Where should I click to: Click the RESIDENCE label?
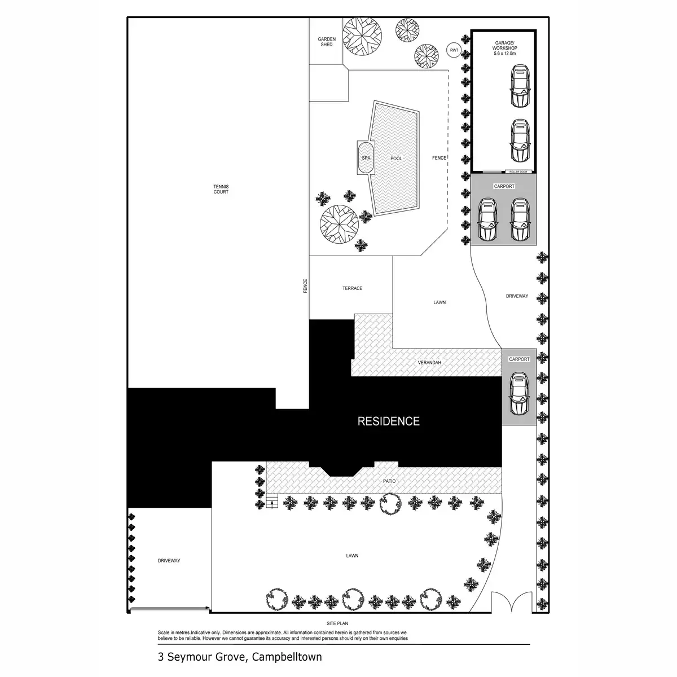click(x=389, y=421)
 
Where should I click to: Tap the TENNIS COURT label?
click(x=221, y=189)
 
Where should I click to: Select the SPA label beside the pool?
click(x=366, y=158)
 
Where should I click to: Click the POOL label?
click(x=396, y=159)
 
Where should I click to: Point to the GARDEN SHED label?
click(x=327, y=42)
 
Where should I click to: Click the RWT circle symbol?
click(x=454, y=50)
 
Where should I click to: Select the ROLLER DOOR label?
click(x=517, y=171)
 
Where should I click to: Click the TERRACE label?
click(x=352, y=288)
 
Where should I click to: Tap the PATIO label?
click(x=389, y=481)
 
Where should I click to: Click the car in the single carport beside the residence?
click(x=519, y=393)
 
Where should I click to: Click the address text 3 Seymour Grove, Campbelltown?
click(x=240, y=657)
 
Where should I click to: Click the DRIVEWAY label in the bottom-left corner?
click(x=169, y=561)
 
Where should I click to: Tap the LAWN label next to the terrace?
click(x=439, y=302)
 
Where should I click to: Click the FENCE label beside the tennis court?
click(x=305, y=286)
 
